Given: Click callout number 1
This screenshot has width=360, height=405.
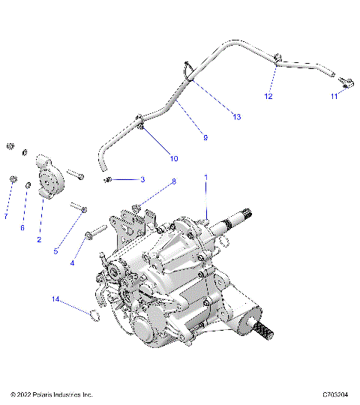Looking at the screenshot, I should tap(205, 178).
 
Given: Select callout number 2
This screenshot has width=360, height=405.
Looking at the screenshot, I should tap(39, 240).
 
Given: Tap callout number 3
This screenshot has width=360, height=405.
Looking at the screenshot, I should tap(142, 180).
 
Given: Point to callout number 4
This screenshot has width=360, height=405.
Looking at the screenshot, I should tap(73, 263).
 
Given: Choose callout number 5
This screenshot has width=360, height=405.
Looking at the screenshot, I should tap(55, 252).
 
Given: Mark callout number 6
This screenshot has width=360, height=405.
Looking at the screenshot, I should tap(22, 228).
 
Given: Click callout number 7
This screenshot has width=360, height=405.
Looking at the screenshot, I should tap(5, 217).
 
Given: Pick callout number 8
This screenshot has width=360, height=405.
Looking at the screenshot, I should tap(173, 181).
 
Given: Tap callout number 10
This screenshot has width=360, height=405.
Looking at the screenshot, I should tap(173, 158).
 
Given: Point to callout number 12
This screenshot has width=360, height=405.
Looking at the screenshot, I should tap(268, 97).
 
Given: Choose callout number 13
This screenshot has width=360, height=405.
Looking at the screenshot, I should tap(237, 116).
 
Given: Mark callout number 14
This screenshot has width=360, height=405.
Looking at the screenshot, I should tap(55, 300).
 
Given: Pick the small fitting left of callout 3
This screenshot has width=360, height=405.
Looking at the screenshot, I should tap(108, 180).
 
